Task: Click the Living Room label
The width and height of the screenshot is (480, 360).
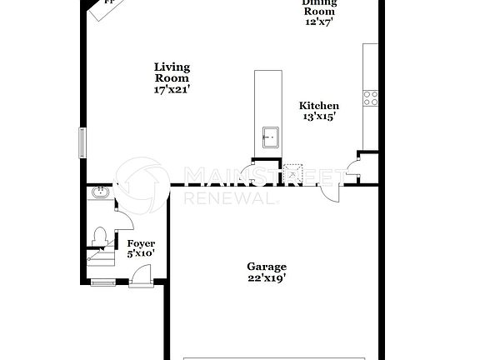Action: pos(172,72)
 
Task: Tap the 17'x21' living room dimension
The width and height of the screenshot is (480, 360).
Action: pos(172,90)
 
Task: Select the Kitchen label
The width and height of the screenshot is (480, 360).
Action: pos(319,106)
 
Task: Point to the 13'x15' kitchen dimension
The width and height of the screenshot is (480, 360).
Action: pos(319,117)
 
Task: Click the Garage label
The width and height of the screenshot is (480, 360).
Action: pos(266,267)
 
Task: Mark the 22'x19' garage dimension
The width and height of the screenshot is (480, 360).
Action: pos(266,277)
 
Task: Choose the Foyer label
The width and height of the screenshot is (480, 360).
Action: pos(141,243)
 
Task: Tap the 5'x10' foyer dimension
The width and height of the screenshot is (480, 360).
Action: pos(141,253)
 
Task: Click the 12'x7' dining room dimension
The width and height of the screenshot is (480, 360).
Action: pos(319,22)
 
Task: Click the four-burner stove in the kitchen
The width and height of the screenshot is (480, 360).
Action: pos(370,98)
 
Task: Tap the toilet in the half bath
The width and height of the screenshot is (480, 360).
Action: pos(100,236)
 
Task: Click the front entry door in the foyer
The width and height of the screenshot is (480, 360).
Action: pos(140,276)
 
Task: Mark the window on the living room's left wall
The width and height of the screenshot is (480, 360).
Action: pos(82,142)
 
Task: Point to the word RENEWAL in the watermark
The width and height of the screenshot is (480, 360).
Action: pos(226,198)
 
